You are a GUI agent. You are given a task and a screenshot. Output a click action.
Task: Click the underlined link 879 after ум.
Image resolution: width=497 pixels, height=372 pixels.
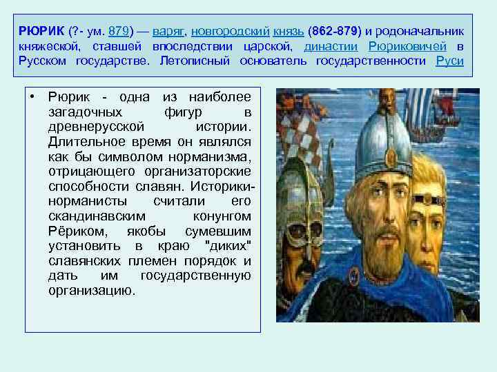pos(119,32)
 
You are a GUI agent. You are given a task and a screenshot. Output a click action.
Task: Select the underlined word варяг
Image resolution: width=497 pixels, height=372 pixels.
pos(168,32)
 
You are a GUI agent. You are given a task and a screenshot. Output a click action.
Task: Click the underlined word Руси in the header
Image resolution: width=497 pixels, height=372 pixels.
pos(450,61)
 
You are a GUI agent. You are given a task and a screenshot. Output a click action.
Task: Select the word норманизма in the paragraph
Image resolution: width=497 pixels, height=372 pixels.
pos(211,156)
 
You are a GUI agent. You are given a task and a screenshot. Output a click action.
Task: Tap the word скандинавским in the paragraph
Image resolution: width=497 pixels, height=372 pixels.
pos(95,216)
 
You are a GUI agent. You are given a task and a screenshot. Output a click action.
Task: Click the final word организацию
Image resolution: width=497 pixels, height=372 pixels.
pos(92,290)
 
